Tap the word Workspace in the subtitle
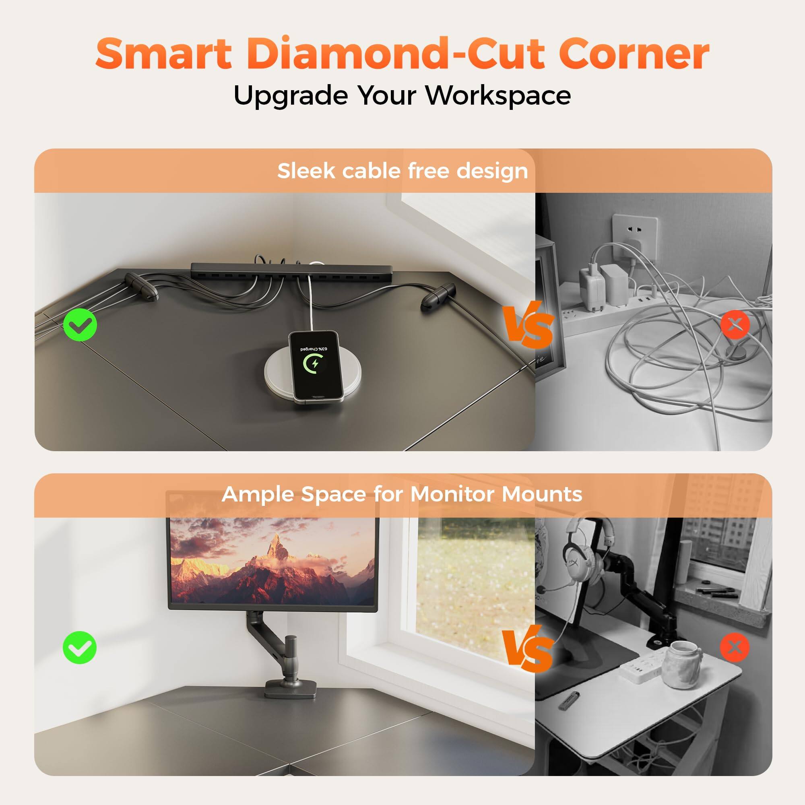pos(498,96)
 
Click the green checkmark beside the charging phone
pos(80,324)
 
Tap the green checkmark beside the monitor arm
pos(80,648)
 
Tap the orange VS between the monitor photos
pos(528,650)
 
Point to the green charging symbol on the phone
pos(313,364)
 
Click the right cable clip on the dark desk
pos(437,296)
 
